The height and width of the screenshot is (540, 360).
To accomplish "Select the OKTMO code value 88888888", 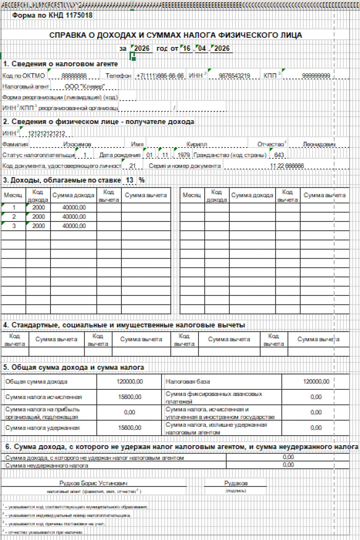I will tap(74, 76).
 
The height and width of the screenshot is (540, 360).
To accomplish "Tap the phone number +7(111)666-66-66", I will tap(160, 76).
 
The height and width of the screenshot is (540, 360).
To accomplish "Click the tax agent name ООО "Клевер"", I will tap(85, 87).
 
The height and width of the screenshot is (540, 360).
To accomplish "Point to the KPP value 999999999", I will tap(316, 76).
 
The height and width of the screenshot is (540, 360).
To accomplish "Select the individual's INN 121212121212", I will tap(46, 133).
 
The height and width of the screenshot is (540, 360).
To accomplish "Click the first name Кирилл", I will tap(196, 144).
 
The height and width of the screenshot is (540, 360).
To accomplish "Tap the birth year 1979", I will tap(183, 155).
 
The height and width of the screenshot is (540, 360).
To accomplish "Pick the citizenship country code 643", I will tap(279, 155).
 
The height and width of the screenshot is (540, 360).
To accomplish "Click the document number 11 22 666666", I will tap(287, 166).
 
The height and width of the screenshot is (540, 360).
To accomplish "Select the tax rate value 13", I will tap(129, 180).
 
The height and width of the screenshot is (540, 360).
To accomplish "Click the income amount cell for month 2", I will tap(74, 217).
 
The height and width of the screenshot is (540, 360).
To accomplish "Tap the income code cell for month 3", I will tap(38, 226).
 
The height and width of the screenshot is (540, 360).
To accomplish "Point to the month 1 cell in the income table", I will tap(14, 207).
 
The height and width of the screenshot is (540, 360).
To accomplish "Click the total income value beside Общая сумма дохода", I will tap(130, 382).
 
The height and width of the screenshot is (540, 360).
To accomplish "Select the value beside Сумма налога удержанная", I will tap(130, 428).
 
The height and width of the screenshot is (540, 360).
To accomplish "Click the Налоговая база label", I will tap(187, 382).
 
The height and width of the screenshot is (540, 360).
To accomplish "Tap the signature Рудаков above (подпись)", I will tap(236, 483).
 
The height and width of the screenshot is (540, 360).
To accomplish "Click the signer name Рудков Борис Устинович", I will tap(93, 483).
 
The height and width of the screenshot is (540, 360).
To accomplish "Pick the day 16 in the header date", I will tap(187, 49).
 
